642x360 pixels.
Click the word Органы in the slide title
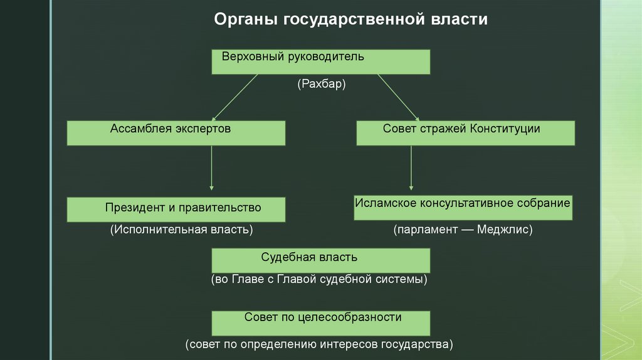pos(246,19)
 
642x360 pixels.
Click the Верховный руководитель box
pos(320,62)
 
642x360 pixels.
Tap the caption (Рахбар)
pos(322,83)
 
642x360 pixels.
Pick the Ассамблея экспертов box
pos(176,133)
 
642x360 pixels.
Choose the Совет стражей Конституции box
pos(465,133)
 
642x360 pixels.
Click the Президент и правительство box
pos(176,209)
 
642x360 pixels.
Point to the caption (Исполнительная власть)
pos(182,230)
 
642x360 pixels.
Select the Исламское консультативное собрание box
pos(463,208)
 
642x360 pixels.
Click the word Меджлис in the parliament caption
pos(504,230)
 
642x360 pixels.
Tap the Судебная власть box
pos(320,260)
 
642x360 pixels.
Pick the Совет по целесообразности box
pos(320,322)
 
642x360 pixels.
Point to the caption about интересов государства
pos(318,344)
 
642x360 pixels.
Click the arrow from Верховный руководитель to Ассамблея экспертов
pos(236,97)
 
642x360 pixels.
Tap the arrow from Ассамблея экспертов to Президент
pos(212,168)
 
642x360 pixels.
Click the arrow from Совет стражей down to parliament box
pos(411,168)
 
